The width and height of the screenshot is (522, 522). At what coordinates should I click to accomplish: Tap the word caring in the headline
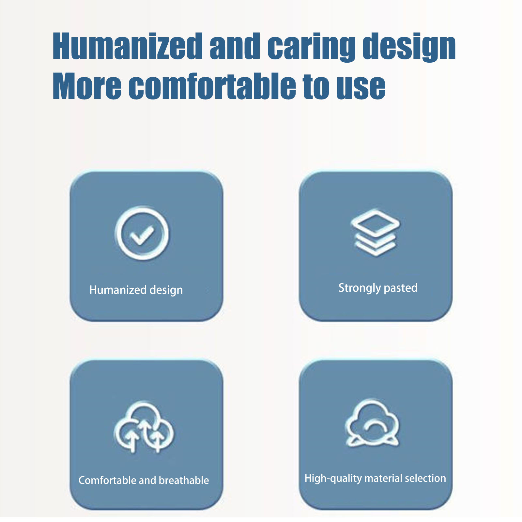311,48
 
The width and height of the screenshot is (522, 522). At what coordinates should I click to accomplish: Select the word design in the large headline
409,47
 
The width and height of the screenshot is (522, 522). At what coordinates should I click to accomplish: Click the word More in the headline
87,86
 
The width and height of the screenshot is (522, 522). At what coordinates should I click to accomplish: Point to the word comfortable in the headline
212,85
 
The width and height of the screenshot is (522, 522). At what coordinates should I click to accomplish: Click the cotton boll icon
372,423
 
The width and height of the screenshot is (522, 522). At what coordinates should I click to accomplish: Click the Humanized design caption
136,290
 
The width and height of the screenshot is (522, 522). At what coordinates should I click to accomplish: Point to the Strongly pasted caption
378,288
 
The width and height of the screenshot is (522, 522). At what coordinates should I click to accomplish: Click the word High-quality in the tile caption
333,479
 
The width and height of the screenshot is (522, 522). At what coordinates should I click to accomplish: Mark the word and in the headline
235,46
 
